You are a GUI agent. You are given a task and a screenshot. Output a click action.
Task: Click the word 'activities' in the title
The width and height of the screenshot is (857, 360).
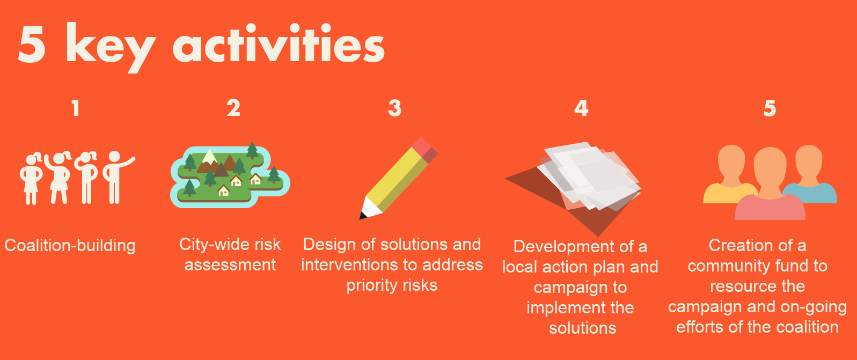pos(279,43)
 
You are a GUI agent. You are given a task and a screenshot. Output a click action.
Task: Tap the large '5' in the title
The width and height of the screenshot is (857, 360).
pos(32,44)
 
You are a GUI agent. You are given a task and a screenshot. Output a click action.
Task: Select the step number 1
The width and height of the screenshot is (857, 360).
pos(76,108)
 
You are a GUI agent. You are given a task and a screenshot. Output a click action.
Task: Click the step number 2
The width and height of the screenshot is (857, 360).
pos(233,108)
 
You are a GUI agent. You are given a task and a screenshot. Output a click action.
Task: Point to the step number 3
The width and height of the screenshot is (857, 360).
pos(394,108)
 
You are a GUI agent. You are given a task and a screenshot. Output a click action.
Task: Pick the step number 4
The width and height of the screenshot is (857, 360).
pos(581,108)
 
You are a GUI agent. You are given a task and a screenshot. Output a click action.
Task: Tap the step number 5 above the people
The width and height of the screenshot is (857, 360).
pos(770,108)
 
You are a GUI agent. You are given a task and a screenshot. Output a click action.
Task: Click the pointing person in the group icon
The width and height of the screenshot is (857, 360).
pos(116,177)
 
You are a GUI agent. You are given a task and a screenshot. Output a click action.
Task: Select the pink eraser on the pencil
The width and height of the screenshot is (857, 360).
pos(424,150)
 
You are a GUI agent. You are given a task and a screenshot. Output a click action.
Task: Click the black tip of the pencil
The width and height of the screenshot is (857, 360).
pos(362,216)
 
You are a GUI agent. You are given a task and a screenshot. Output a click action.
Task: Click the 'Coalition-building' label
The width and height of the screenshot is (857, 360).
pos(70,245)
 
